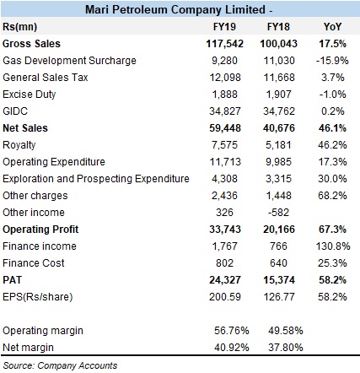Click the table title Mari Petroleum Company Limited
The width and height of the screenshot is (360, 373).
tap(175, 9)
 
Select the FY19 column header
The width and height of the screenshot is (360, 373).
tap(224, 27)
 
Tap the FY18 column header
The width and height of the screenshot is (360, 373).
tap(278, 27)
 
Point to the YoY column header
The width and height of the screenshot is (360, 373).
tap(332, 27)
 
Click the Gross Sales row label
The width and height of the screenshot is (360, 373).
tap(31, 44)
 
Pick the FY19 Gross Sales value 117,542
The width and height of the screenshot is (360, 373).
tap(224, 44)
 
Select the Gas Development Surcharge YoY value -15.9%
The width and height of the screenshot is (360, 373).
tap(332, 61)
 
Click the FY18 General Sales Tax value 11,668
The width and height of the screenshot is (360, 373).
tap(279, 78)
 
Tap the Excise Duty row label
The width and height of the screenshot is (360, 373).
tap(30, 95)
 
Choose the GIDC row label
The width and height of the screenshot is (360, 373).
tap(15, 111)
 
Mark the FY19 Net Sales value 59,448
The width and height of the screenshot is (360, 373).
tap(225, 128)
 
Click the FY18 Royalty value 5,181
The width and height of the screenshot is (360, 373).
tap(278, 145)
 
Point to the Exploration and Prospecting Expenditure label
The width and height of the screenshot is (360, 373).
tap(96, 179)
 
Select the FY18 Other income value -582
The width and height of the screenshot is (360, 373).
tap(278, 213)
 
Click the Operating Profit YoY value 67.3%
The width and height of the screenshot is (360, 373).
tap(332, 230)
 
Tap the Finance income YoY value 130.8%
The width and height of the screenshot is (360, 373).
tap(333, 246)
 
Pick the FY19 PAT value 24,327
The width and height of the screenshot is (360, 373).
tap(225, 280)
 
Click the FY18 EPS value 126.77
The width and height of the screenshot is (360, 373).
tap(279, 297)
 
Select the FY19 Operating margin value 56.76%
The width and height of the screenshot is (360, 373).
tap(232, 331)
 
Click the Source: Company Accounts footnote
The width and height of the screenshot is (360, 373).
tap(60, 365)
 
